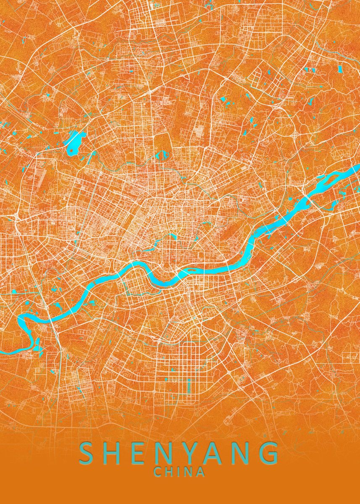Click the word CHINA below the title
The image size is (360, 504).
pos(180,472)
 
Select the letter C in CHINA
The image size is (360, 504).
pos(158,472)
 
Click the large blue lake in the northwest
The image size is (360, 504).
pos(74,143)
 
